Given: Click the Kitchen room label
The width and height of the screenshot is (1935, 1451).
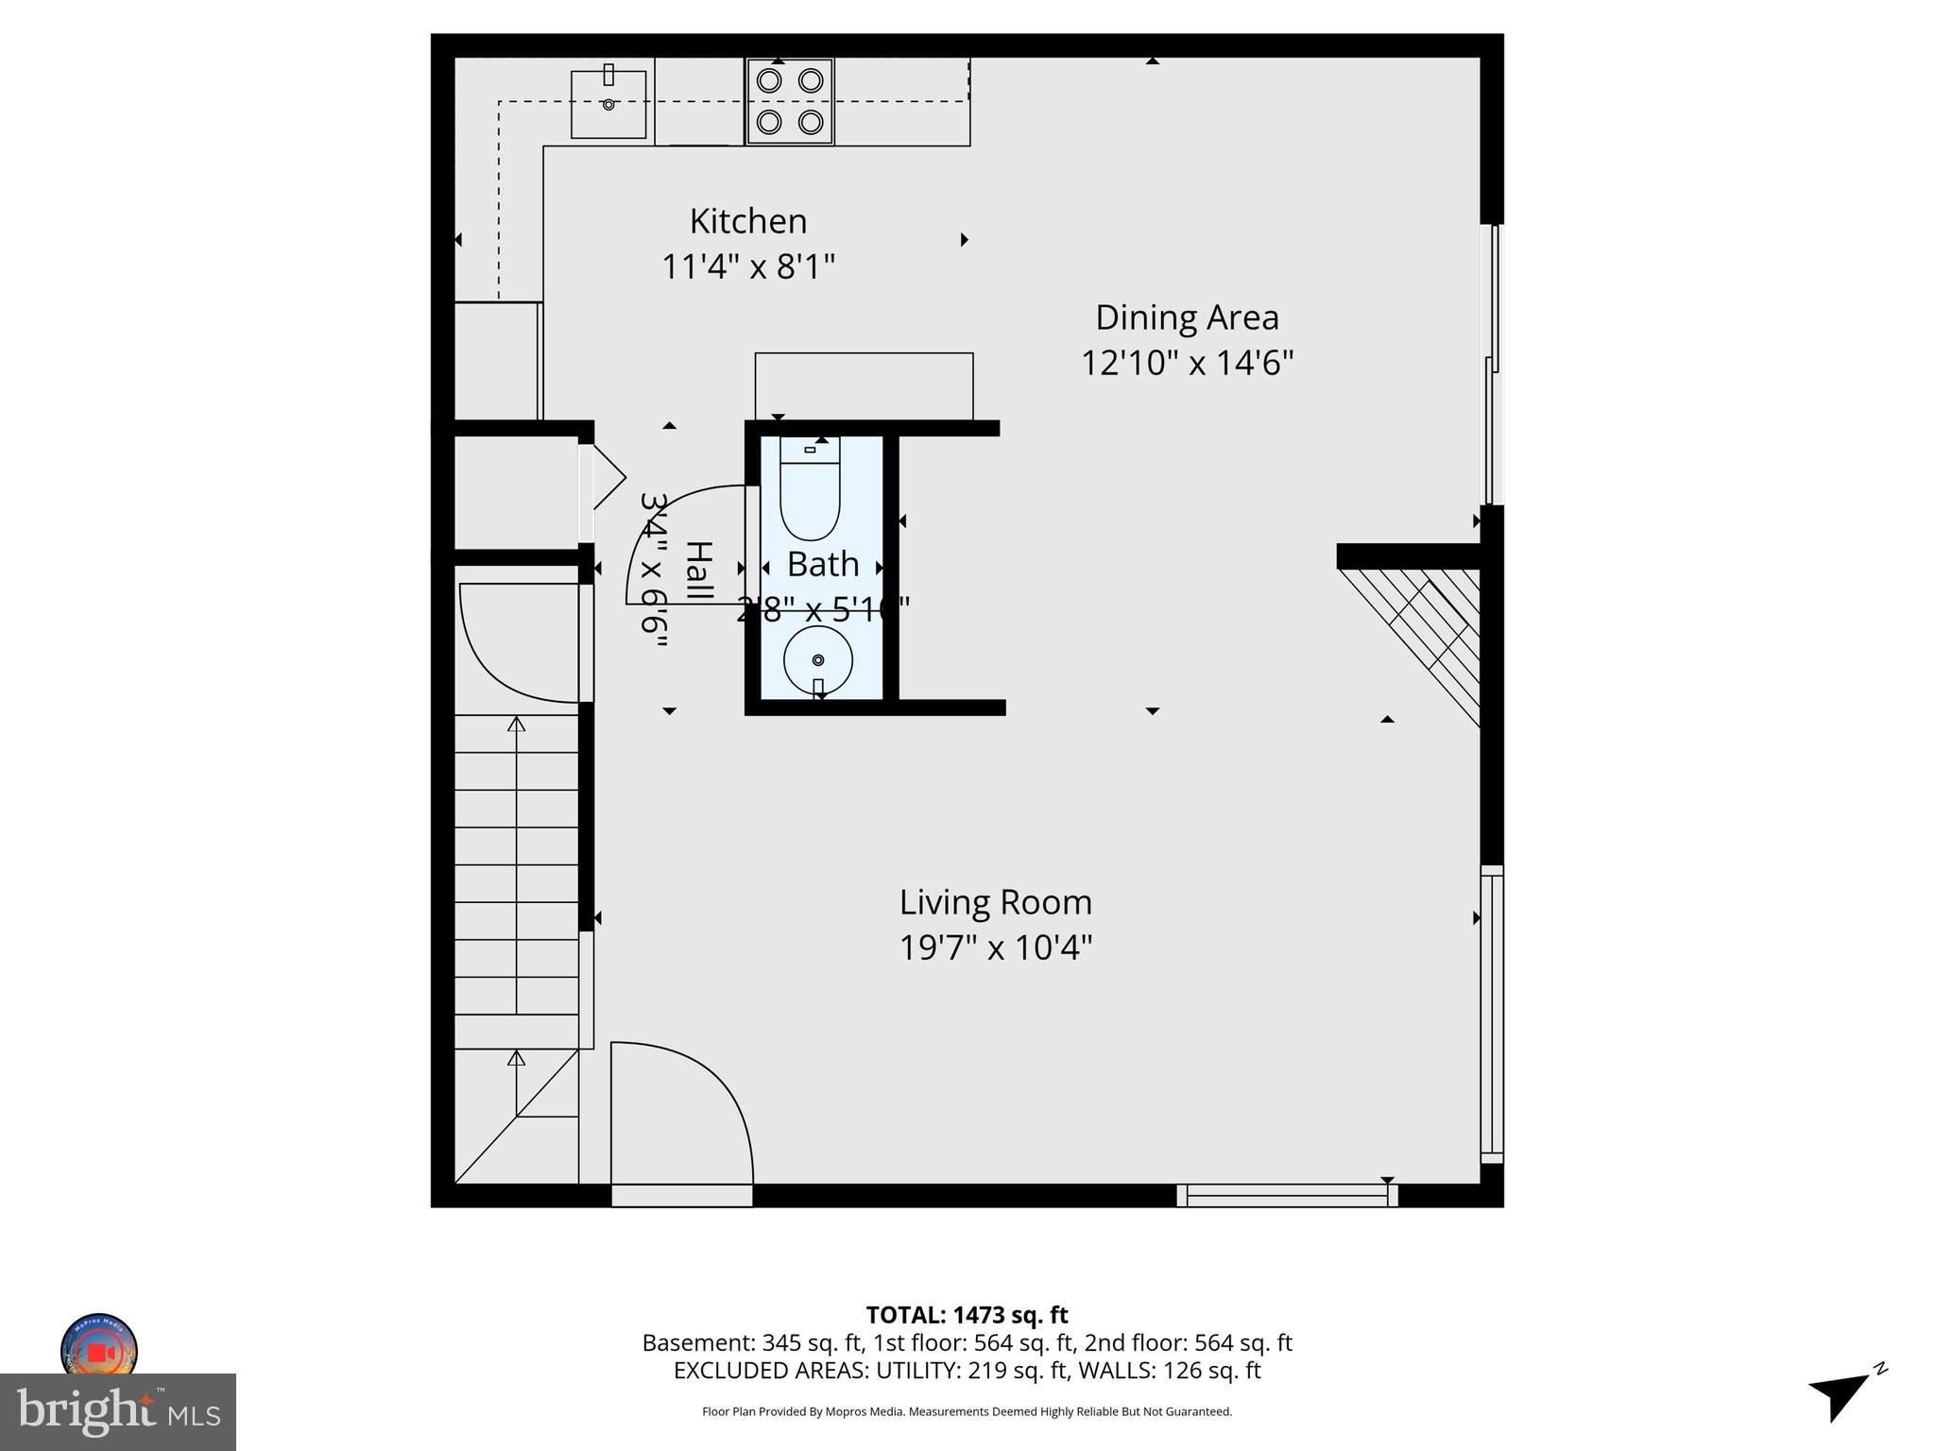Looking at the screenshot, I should coord(747,221).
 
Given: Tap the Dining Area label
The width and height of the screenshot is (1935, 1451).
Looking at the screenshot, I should coord(1187,317).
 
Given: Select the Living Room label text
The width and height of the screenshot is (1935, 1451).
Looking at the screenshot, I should coord(995,902).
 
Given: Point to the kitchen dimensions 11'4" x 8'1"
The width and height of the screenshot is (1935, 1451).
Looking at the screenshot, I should coord(747,267).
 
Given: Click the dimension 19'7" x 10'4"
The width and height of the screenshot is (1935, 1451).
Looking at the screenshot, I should coord(995,947).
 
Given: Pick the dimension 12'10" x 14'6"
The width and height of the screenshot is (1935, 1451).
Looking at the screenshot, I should coord(1187,363).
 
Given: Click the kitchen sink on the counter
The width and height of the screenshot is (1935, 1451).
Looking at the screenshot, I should coord(608,104).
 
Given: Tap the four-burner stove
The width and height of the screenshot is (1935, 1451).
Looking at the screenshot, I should coord(790,101).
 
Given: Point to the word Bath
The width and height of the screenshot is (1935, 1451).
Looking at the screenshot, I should coord(823,565).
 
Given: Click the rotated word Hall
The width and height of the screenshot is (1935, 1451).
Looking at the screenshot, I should coord(698,571).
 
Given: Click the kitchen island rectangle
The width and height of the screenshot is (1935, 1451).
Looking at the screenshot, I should coord(864,385).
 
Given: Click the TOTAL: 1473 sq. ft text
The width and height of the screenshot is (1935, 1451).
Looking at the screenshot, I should coord(967,1315).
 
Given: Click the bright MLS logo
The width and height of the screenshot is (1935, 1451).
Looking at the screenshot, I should coord(118,1411).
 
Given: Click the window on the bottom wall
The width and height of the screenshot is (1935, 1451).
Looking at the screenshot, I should coord(1287,1196).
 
